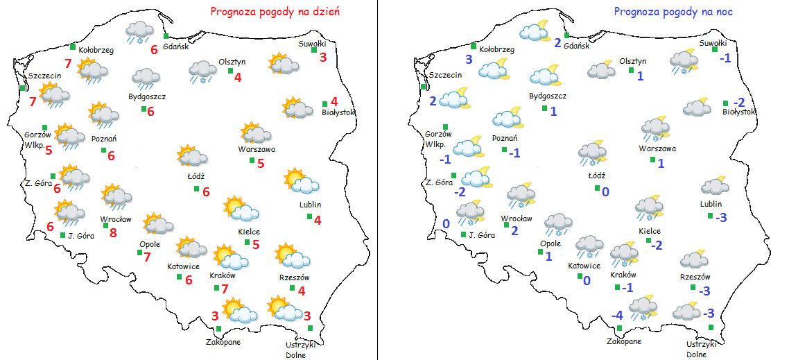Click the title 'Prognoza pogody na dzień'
(275, 12)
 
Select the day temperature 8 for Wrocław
(113, 232)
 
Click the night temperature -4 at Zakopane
(618, 316)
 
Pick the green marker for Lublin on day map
(310, 217)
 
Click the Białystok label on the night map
(738, 111)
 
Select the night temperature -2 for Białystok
(739, 101)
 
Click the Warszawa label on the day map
(257, 148)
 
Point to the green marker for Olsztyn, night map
(631, 69)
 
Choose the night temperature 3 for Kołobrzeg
(469, 60)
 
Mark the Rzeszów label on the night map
(695, 277)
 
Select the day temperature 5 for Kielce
(256, 244)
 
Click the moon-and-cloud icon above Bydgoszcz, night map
(545, 75)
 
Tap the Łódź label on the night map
(596, 175)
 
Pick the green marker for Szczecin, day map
(23, 88)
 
